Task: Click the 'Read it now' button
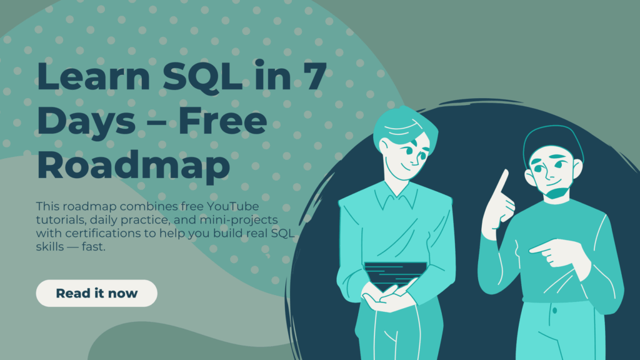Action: [97, 293]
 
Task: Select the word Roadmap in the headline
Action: [133, 164]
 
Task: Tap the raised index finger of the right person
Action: [501, 182]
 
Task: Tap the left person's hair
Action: [398, 126]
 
